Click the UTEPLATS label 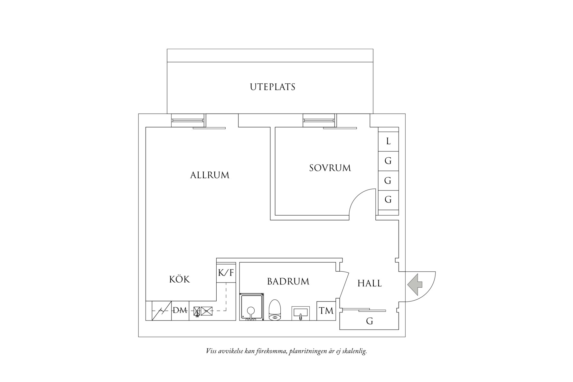click(x=272, y=87)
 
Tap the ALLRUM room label click(x=210, y=175)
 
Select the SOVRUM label click(x=330, y=168)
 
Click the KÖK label click(x=179, y=279)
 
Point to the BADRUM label click(x=288, y=282)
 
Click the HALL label click(x=370, y=284)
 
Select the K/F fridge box click(x=226, y=273)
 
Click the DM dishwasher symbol click(x=180, y=311)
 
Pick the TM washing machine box click(x=326, y=311)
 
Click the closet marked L click(x=388, y=141)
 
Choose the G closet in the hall click(x=370, y=321)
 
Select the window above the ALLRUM click(x=188, y=120)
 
